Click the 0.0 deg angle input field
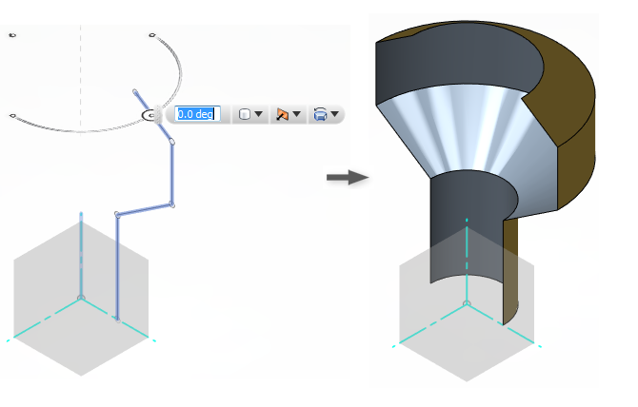tap(198, 114)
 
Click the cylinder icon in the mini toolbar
tap(245, 114)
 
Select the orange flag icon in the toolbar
tap(282, 114)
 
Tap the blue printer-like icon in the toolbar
tap(320, 114)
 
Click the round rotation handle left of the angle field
tap(150, 115)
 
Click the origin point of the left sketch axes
tap(81, 299)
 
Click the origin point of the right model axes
tap(467, 303)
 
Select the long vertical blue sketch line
tap(116, 266)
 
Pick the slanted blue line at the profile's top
tap(152, 115)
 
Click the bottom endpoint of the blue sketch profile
tap(116, 318)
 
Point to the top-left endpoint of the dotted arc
tap(12, 35)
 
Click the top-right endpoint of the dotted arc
tap(151, 35)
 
